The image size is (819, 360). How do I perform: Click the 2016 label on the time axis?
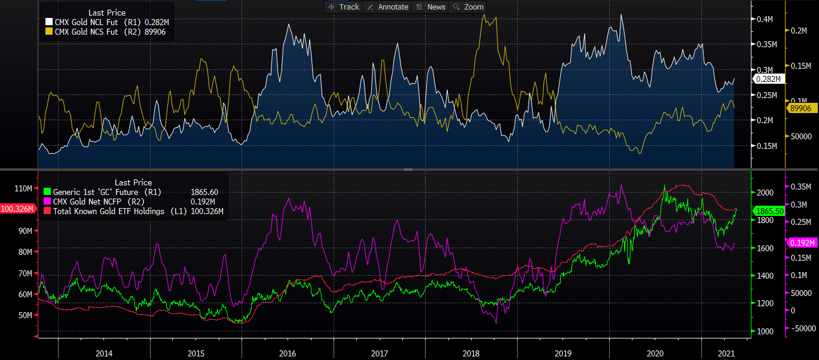[x=288, y=353]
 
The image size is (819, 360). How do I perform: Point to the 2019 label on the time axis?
[x=563, y=353]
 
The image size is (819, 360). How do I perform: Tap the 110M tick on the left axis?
[x=23, y=189]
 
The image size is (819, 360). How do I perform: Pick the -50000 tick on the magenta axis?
[x=803, y=328]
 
